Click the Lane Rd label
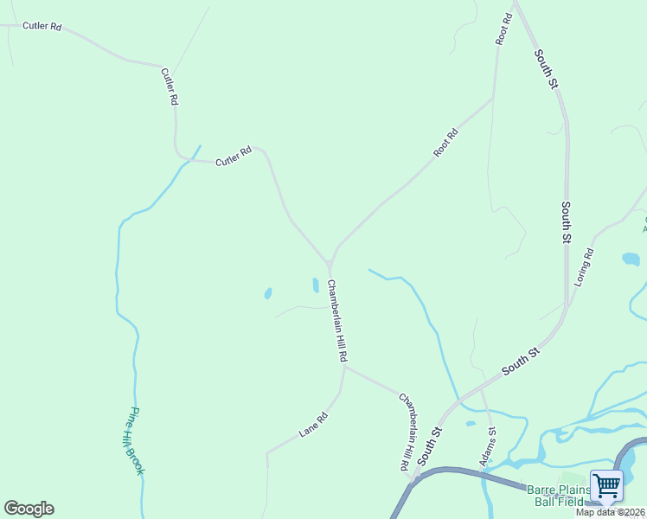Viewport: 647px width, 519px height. click(315, 424)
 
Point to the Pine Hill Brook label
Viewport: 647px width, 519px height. click(136, 441)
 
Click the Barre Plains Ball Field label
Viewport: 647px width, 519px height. click(560, 495)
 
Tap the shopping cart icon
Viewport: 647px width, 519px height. click(607, 485)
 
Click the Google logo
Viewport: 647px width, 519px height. click(29, 509)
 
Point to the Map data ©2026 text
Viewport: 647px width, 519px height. click(611, 512)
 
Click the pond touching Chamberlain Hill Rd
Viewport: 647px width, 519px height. click(315, 285)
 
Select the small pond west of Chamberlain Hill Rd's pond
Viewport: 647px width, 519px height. click(268, 293)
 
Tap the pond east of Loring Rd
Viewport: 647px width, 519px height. click(631, 259)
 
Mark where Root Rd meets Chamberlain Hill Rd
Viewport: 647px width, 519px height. click(330, 262)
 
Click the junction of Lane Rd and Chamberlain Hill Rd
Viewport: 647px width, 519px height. click(343, 366)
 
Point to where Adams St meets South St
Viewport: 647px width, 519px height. click(481, 391)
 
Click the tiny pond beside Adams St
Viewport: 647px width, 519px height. click(471, 424)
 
